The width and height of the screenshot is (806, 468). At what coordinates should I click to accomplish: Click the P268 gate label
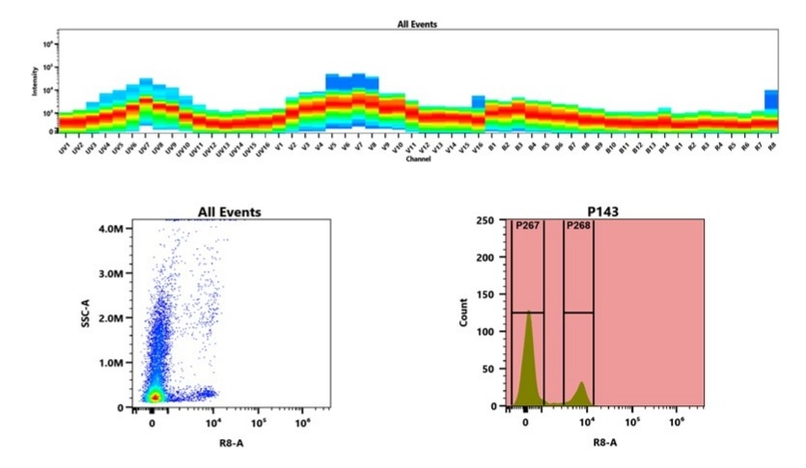tap(578, 226)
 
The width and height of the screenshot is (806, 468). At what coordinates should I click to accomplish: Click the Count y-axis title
tap(463, 314)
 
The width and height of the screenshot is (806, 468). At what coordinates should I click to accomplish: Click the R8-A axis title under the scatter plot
tap(228, 442)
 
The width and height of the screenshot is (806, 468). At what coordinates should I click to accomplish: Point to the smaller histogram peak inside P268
tap(581, 387)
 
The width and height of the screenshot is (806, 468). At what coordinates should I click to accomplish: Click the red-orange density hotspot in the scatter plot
tap(154, 396)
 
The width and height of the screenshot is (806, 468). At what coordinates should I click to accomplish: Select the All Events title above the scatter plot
tap(229, 211)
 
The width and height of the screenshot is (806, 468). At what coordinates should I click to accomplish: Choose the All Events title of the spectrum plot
tap(418, 22)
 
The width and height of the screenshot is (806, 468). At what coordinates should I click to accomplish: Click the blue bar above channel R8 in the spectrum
tap(771, 99)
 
